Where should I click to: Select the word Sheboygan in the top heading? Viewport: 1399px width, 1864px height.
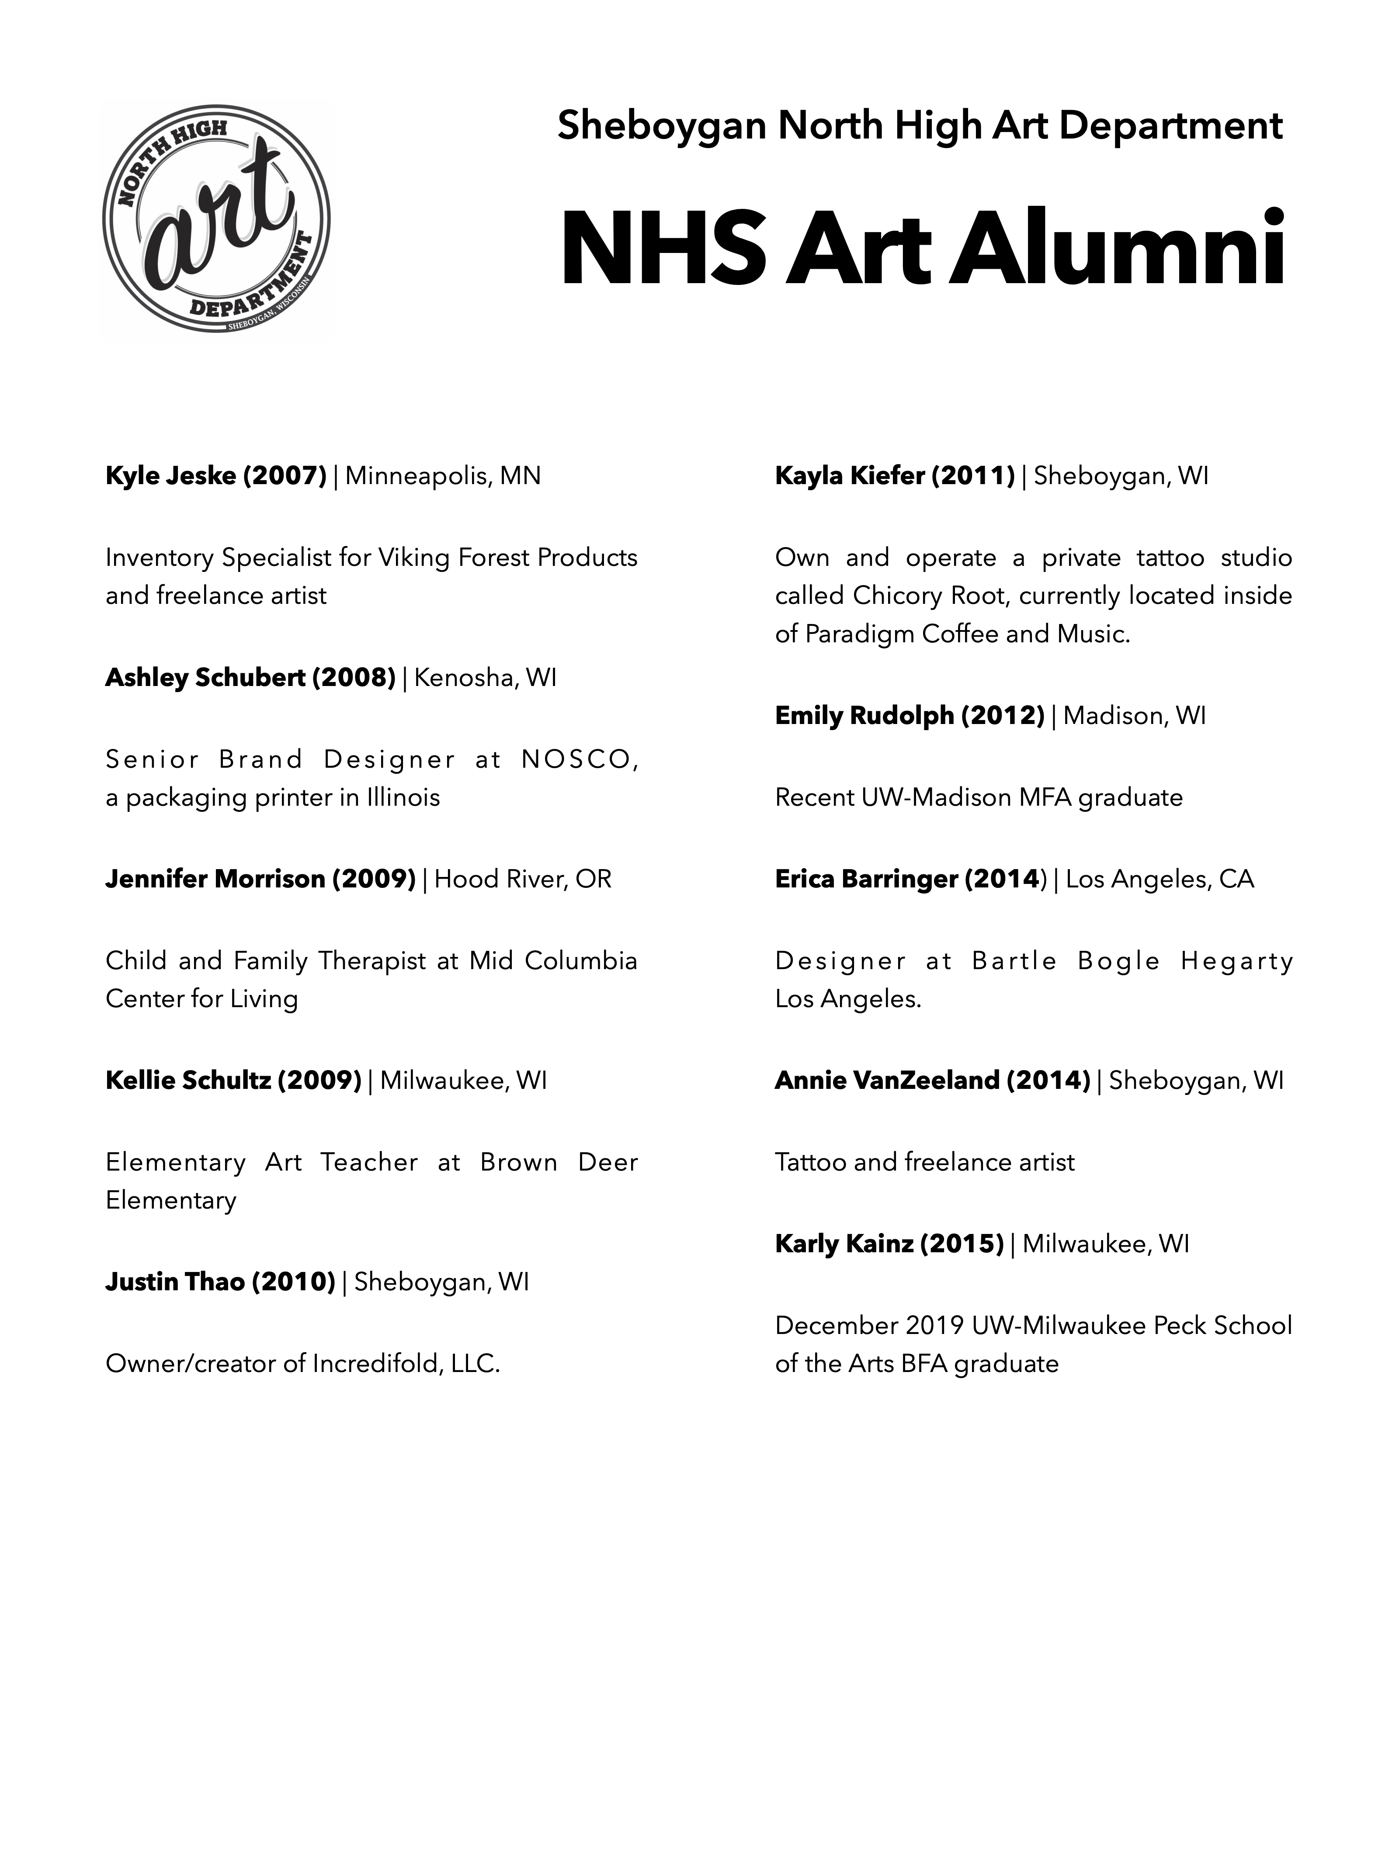pyautogui.click(x=662, y=126)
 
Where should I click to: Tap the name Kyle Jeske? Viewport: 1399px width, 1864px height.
pyautogui.click(x=170, y=476)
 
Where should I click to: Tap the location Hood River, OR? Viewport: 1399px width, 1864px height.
pyautogui.click(x=523, y=879)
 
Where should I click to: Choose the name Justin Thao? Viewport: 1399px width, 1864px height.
pyautogui.click(x=174, y=1282)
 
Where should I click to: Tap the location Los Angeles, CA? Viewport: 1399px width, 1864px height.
pyautogui.click(x=1159, y=879)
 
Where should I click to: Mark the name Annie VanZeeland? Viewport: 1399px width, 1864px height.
pyautogui.click(x=887, y=1080)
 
